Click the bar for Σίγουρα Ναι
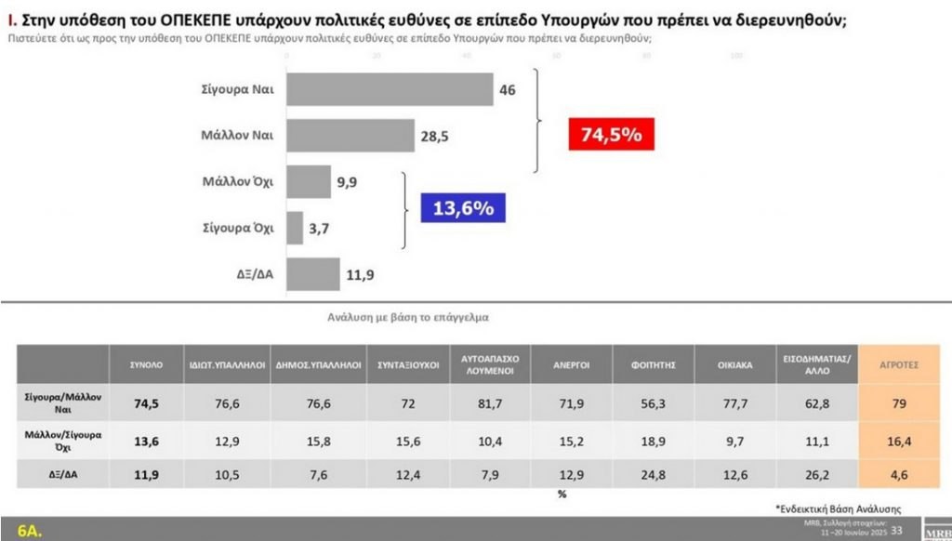[390, 89]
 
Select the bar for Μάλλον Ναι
[350, 136]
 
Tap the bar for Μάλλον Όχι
[309, 181]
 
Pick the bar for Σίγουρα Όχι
[295, 228]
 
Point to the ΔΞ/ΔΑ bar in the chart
[313, 274]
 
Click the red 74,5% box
[611, 135]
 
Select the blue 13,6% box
[462, 208]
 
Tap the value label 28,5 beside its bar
[435, 137]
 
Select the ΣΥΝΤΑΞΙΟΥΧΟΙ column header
[408, 364]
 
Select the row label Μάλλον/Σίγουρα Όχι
[63, 441]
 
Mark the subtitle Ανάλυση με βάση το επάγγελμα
[407, 317]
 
